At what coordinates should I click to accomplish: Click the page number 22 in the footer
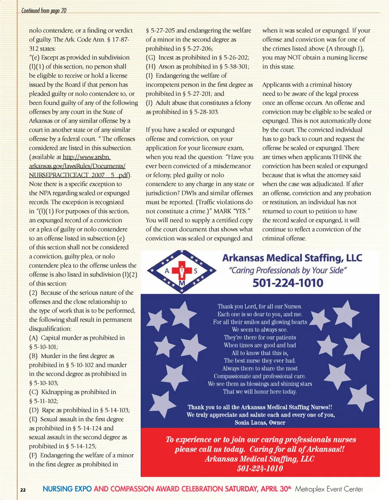23,490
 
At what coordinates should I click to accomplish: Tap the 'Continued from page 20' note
44,11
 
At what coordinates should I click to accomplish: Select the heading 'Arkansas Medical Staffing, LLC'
292,258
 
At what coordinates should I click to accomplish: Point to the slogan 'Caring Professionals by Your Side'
288,270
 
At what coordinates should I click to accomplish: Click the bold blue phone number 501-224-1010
288,283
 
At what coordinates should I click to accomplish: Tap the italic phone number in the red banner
260,469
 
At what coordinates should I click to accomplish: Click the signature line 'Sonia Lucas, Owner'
260,423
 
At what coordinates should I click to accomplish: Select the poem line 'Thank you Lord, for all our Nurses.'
260,307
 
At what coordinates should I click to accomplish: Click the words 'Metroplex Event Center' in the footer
329,489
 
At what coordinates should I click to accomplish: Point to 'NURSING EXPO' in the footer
67,489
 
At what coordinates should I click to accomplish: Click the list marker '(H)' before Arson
151,67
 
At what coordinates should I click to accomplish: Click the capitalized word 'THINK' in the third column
342,157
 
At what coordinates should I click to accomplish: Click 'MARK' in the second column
222,211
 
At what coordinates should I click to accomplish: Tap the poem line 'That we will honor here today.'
260,392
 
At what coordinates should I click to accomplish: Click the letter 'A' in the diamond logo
167,271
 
